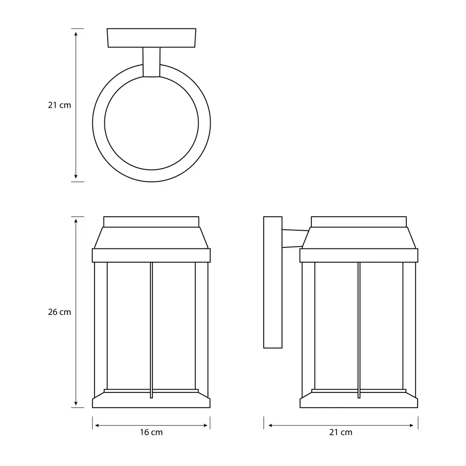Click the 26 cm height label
[60, 312]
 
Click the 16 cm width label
[151, 432]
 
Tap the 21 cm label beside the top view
[60, 105]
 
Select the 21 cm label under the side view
[341, 432]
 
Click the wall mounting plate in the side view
[273, 282]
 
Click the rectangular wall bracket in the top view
[151, 38]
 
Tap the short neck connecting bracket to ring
[151, 62]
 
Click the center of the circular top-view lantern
[151, 123]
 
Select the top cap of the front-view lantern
[151, 222]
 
